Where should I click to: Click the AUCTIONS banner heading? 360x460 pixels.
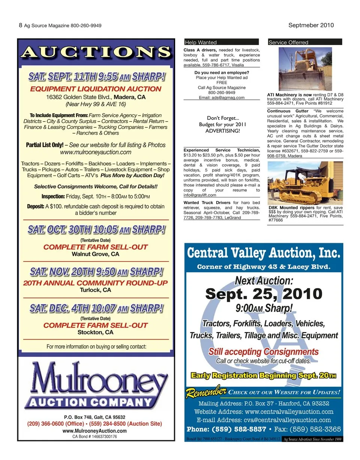(x=96, y=51)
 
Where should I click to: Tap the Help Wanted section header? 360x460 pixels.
(x=201, y=42)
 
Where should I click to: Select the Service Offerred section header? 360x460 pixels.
(x=288, y=42)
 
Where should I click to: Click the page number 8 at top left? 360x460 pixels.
(x=20, y=25)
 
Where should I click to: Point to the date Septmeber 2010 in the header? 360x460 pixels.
(x=311, y=25)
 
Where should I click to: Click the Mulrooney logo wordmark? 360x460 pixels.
(x=96, y=381)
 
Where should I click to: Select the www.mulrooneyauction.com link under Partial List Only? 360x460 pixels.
(x=96, y=152)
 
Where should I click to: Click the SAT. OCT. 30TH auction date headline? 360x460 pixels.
(x=96, y=230)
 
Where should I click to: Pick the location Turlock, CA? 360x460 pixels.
(x=96, y=290)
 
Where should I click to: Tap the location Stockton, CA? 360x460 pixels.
(x=96, y=332)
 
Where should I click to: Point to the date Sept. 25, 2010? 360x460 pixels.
(x=264, y=293)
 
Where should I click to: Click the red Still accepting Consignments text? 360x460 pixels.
(x=264, y=352)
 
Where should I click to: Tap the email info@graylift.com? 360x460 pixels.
(x=200, y=195)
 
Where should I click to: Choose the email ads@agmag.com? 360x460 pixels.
(x=222, y=98)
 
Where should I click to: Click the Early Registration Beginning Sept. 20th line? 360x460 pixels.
(x=264, y=375)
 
